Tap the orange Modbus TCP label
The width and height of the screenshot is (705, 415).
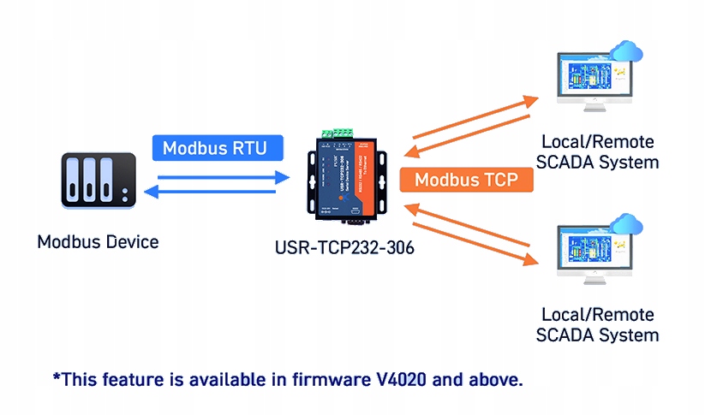pos(467,181)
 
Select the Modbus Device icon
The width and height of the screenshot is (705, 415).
pos(99,181)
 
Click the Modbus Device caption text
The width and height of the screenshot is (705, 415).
pos(98,242)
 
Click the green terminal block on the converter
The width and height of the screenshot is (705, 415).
pos(336,133)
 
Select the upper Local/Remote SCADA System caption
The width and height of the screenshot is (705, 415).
pos(598,151)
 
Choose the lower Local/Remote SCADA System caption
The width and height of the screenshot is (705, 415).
pos(598,324)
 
